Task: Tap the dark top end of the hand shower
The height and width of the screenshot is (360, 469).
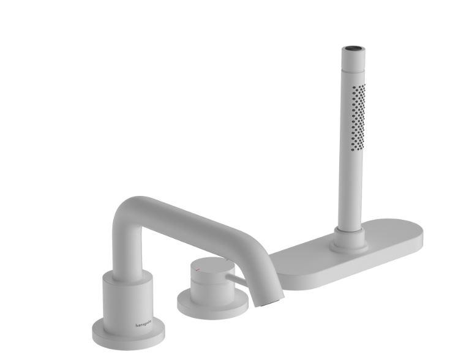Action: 353,47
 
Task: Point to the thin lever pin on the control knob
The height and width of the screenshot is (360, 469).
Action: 236,282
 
